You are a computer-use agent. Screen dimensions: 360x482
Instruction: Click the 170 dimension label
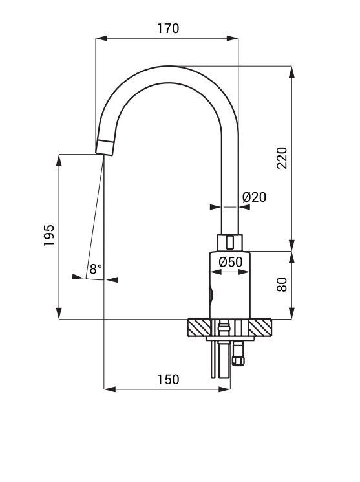pos(168,28)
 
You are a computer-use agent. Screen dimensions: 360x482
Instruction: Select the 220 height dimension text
pos(282,158)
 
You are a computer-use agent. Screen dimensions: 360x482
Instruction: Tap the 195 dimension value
pos(49,236)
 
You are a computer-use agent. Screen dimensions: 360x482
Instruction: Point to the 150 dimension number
pos(168,379)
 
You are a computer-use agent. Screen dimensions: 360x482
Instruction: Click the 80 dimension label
pos(282,284)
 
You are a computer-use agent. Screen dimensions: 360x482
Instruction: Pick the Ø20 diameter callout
pos(255,197)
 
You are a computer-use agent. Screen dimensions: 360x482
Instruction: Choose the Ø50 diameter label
pos(231,262)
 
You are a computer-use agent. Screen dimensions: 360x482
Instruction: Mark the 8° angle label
pos(96,269)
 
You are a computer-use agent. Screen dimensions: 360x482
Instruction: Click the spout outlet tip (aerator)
pos(105,148)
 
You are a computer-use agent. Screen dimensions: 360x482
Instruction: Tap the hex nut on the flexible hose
pos(238,360)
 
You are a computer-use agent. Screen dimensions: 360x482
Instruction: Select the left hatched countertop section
pos(200,328)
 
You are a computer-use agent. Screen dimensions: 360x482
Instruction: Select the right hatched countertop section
pos(260,328)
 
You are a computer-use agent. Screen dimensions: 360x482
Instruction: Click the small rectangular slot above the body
pos(229,242)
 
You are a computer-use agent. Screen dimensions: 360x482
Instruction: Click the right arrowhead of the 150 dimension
pos(224,389)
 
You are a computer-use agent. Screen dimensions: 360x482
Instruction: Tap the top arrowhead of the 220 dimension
pos(291,72)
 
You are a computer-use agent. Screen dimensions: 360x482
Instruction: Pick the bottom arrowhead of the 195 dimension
pos(59,313)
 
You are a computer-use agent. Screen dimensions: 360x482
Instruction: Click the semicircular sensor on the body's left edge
pos(211,294)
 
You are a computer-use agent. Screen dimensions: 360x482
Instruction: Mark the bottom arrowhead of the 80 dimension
pos(291,313)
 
